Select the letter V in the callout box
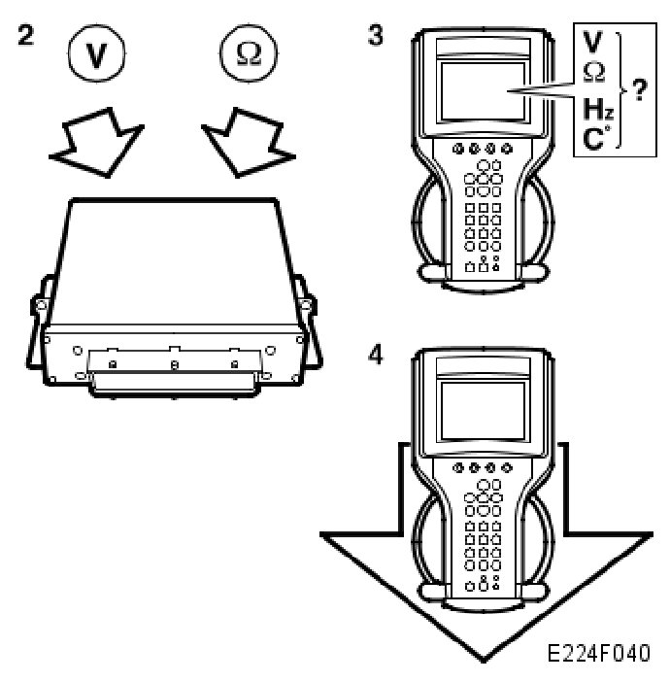click(x=591, y=43)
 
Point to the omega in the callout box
click(x=591, y=70)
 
